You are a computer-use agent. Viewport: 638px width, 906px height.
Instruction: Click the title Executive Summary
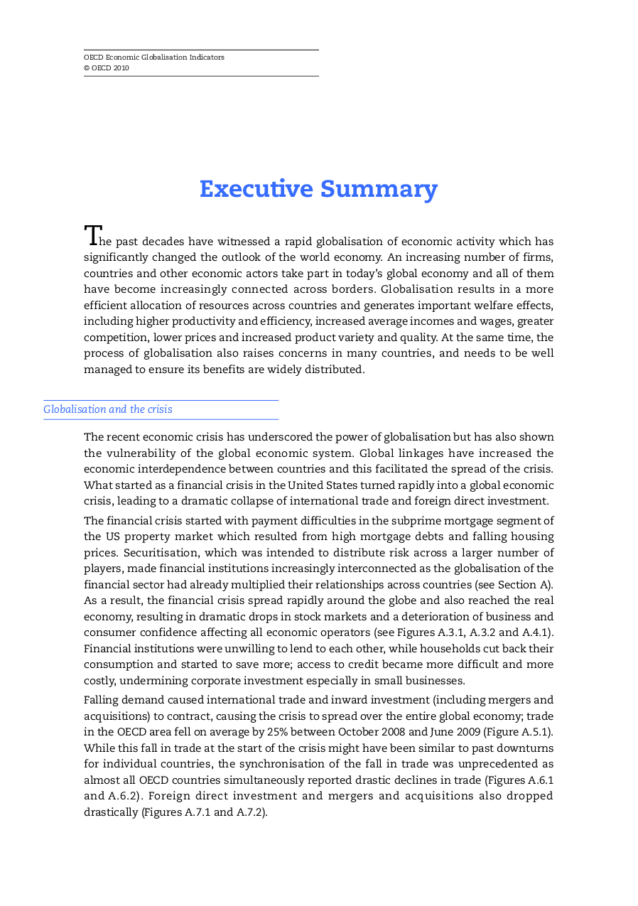(x=318, y=189)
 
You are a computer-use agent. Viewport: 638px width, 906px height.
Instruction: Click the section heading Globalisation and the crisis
(x=108, y=409)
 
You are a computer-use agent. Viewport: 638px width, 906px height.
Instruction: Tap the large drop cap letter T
(x=92, y=235)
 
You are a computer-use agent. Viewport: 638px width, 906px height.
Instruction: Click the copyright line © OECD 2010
(x=107, y=68)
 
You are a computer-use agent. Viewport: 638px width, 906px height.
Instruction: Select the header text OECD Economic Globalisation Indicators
(x=154, y=57)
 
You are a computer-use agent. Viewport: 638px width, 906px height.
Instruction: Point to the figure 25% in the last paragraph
(x=278, y=732)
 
